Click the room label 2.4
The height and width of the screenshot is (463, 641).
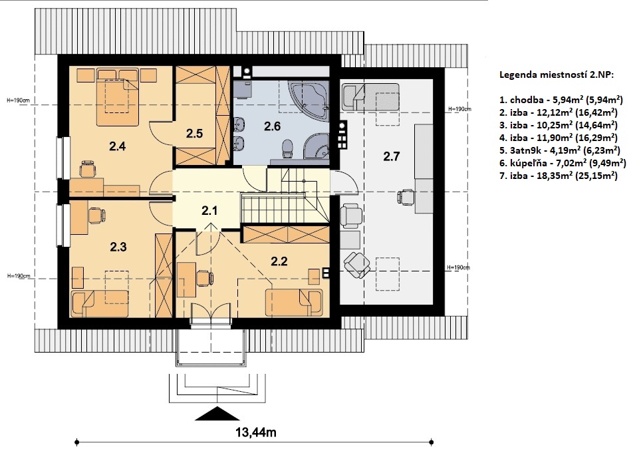pos(117,146)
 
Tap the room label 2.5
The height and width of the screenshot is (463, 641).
pos(194,133)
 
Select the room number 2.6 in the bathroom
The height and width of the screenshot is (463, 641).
pos(272,126)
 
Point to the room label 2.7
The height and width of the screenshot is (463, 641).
pos(391,156)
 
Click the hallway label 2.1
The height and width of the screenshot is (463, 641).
pos(209,211)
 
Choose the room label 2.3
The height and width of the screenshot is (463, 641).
pos(118,247)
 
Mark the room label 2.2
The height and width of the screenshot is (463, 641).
pos(279,261)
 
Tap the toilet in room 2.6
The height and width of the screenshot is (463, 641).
pos(288,148)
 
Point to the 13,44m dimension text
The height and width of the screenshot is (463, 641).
pos(256,432)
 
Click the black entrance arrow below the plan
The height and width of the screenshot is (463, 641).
pos(217,414)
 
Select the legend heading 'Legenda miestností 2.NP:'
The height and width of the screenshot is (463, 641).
pos(557,75)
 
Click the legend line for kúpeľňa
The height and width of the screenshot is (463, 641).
pos(563,163)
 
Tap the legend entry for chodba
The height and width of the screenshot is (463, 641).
pos(561,100)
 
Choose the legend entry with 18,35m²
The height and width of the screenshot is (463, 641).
pos(559,176)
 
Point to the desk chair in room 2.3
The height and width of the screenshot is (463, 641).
pos(96,215)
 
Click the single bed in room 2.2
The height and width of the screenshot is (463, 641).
pos(294,303)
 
